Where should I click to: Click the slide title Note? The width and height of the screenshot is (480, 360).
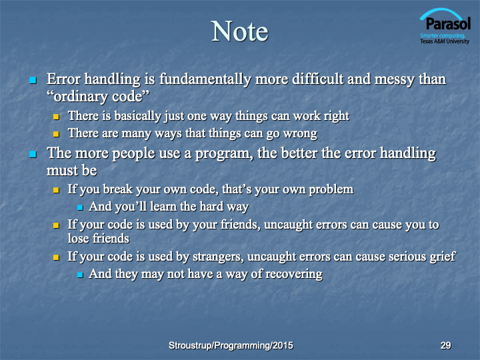(240, 31)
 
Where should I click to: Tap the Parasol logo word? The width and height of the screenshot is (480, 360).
(448, 23)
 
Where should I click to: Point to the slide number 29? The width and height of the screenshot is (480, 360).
(446, 345)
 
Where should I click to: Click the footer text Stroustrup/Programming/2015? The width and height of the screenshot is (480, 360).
(231, 345)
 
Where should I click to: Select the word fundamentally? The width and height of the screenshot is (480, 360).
(205, 79)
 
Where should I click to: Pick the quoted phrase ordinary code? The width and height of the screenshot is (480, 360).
(98, 97)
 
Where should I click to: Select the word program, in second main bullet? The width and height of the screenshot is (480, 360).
(225, 154)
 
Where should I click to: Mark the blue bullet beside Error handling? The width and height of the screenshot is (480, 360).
(33, 80)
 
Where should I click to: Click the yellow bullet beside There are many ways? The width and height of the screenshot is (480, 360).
(56, 134)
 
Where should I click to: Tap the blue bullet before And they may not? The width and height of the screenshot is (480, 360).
(80, 275)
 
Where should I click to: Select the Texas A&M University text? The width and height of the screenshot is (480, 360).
(445, 41)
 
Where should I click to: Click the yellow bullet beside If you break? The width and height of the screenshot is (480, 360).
(56, 190)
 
